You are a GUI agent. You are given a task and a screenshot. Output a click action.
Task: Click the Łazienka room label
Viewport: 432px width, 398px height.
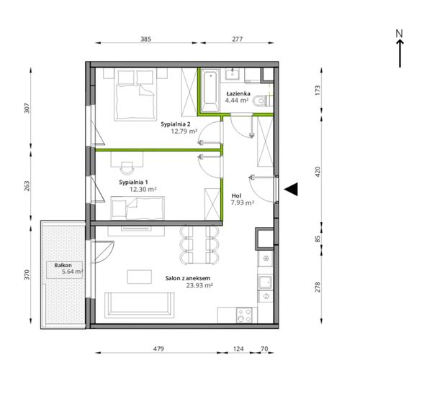point(238,93)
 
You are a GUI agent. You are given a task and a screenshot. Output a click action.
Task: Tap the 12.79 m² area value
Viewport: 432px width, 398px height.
point(184,131)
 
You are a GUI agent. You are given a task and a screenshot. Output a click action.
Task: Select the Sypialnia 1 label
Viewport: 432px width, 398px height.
point(133,182)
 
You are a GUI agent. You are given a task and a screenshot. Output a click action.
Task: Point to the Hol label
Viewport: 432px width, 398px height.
point(236,196)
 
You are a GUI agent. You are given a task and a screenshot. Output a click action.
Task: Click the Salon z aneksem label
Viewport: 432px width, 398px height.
point(188,278)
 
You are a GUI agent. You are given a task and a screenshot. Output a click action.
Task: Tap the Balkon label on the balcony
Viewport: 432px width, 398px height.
point(63,265)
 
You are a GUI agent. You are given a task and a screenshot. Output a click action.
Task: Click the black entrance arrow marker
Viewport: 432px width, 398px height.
point(291,189)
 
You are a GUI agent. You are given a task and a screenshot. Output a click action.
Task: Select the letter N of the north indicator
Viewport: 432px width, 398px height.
point(399,34)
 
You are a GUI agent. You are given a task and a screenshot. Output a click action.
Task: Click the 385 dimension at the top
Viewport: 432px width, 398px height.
point(145,39)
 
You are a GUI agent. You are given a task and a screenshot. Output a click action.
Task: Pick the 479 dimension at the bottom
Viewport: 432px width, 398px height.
point(158,349)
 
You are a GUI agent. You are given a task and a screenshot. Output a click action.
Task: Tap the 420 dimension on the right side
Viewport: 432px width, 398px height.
point(318,172)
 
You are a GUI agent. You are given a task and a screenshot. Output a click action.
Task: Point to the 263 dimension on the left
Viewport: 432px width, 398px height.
point(27,186)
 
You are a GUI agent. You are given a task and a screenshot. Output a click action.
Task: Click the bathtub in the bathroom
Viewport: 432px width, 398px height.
point(210,91)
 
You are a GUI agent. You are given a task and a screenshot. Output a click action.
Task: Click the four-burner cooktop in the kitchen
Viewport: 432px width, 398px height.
point(244,315)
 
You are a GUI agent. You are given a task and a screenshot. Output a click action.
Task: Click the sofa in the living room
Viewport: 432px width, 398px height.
point(140,305)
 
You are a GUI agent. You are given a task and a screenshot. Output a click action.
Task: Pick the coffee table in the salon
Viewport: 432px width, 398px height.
point(139,277)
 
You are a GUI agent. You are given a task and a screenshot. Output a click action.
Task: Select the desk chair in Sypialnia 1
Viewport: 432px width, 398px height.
point(127,167)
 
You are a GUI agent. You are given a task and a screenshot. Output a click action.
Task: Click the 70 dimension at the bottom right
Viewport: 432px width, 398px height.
point(264,349)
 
